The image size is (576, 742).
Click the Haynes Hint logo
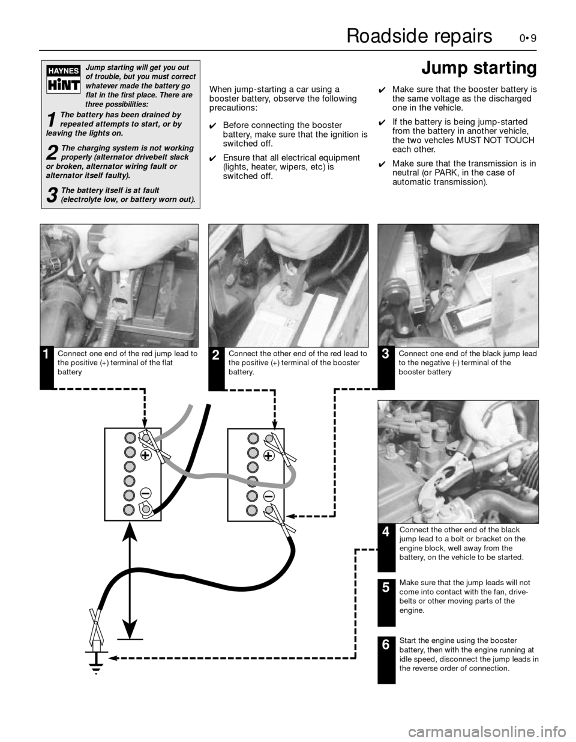[x=63, y=79]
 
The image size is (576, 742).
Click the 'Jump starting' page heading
[x=478, y=69]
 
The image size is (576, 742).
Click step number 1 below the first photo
[x=46, y=355]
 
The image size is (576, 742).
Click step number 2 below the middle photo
[x=215, y=356]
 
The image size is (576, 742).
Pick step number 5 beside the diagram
[x=386, y=588]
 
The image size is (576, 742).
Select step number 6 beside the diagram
[x=386, y=645]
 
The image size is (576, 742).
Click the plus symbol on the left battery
[x=146, y=455]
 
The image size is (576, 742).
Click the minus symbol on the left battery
[x=145, y=493]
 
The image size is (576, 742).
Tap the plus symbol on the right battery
[x=268, y=456]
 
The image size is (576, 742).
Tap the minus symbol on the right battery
[x=268, y=496]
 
